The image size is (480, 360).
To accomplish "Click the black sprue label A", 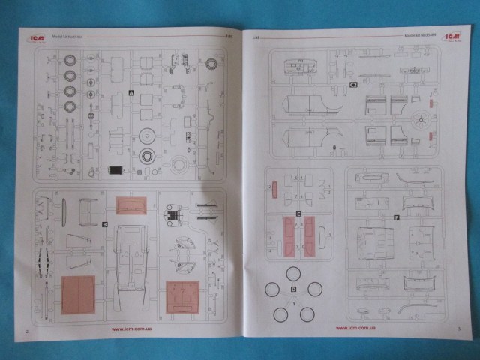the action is coord(131,93).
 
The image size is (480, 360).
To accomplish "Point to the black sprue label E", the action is coord(298,214).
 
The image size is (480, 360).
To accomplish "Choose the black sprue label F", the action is coord(396,217).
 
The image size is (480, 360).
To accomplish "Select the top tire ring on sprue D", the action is coord(294,270).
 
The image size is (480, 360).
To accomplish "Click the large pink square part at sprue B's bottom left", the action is coord(77,294).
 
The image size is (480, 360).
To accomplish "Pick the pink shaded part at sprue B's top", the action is coord(131,205).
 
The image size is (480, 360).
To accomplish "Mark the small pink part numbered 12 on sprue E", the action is coord(275,190).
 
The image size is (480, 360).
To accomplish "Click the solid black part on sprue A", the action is coord(115,170).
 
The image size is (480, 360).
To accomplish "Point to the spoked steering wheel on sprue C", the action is coord(421,118).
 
